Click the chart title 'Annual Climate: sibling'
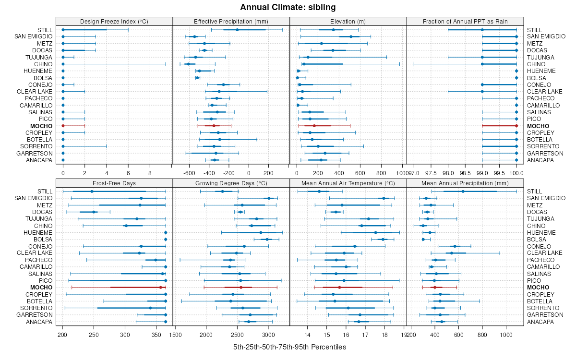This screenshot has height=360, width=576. [x=288, y=7]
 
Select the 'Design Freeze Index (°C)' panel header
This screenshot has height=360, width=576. [x=114, y=21]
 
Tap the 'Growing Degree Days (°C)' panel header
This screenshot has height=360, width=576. [x=231, y=183]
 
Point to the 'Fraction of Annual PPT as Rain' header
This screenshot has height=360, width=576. [x=465, y=21]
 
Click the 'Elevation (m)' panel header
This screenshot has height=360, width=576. [x=348, y=21]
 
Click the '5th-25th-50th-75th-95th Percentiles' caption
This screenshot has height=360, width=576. [x=289, y=347]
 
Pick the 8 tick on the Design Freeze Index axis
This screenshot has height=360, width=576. [x=150, y=173]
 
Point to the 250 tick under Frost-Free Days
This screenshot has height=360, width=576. [x=94, y=334]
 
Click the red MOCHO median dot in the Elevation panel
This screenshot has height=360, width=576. [x=314, y=126]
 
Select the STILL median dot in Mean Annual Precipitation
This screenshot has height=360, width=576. [x=463, y=192]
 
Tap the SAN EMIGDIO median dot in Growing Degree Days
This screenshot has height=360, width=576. [x=269, y=198]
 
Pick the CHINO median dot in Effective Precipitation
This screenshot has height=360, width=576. [x=188, y=64]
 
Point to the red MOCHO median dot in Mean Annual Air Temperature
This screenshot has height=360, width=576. [x=339, y=287]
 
